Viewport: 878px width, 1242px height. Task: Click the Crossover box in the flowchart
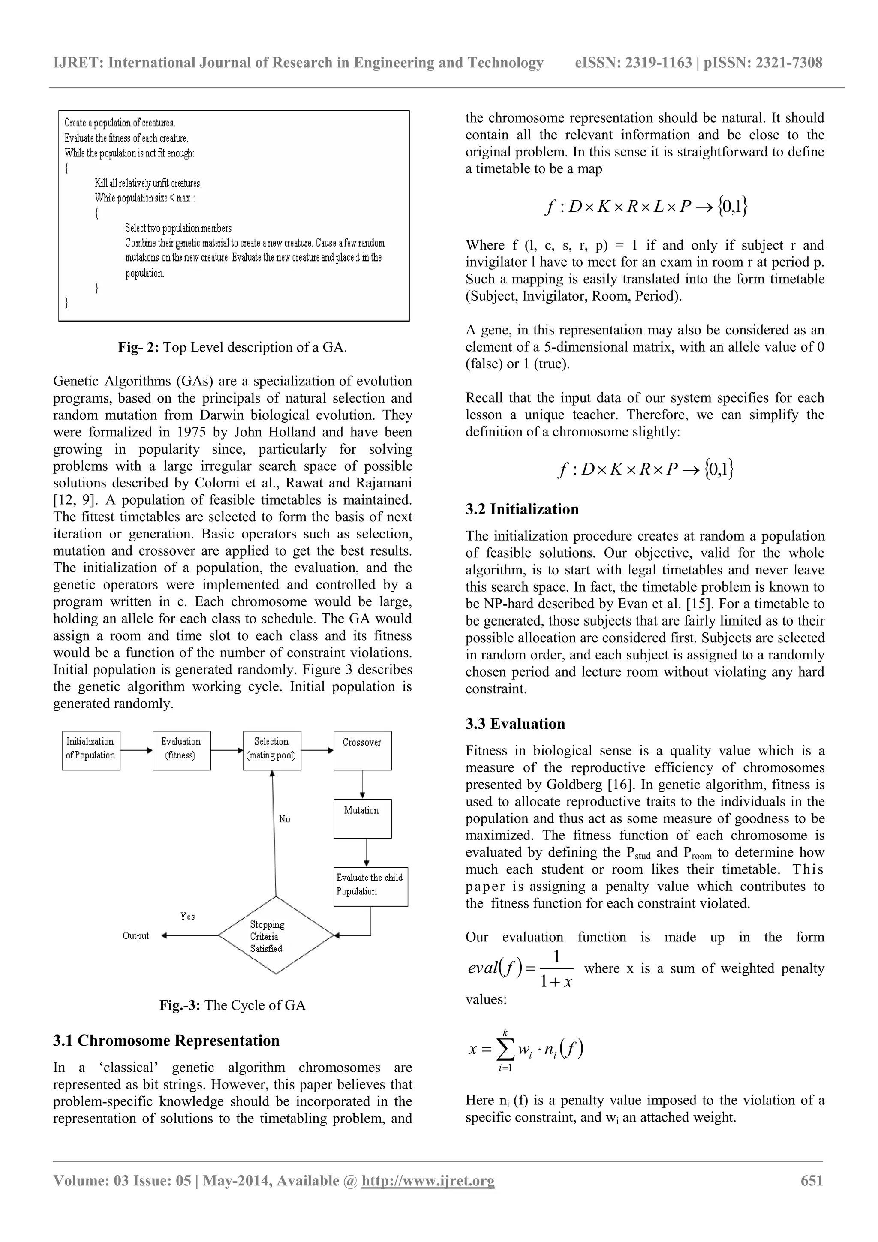pos(362,750)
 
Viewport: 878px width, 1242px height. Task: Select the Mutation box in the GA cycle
pos(362,818)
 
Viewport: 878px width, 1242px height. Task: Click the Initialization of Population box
pos(91,750)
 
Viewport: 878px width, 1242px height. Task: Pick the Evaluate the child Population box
pos(370,887)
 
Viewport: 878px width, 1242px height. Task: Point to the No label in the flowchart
pos(285,819)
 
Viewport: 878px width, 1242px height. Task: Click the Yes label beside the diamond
pos(188,916)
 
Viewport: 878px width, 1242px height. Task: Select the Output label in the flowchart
pos(136,936)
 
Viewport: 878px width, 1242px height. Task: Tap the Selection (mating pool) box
pos(271,750)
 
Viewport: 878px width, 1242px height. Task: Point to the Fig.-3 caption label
pos(180,1005)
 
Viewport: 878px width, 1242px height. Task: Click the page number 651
pos(812,1180)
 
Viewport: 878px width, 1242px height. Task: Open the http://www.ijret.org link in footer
pos(427,1180)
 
